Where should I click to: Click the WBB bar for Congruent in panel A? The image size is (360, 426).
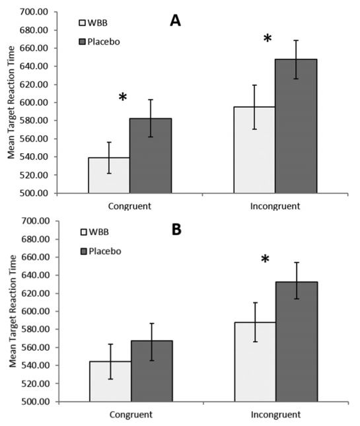coord(109,175)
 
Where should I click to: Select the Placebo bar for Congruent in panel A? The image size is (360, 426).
coord(151,156)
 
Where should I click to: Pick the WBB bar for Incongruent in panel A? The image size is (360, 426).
coord(254,150)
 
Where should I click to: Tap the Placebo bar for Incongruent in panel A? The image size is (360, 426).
coord(296,126)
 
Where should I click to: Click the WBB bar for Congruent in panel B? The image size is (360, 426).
coord(110,382)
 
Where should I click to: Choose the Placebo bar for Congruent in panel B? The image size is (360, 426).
coord(152,371)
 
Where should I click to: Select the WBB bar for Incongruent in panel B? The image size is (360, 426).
coord(256,362)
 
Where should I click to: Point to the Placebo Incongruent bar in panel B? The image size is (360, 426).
coord(297,341)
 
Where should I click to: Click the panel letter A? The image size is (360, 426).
coord(175,20)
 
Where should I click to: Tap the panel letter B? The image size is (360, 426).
coord(176,230)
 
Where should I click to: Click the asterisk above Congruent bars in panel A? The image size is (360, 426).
coord(123,97)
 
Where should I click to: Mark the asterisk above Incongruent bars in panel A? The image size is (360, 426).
coord(268,38)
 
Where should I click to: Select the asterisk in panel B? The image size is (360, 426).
coord(265,259)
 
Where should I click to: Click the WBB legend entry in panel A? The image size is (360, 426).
coord(93,22)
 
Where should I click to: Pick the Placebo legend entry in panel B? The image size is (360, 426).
coord(101,252)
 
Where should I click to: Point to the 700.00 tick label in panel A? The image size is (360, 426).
coord(34,12)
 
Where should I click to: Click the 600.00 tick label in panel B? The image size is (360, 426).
coord(36,311)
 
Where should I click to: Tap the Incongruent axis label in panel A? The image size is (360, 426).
coord(275,206)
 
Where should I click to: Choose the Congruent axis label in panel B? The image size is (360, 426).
coord(131,415)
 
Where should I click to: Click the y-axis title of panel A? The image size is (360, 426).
coord(11,102)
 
